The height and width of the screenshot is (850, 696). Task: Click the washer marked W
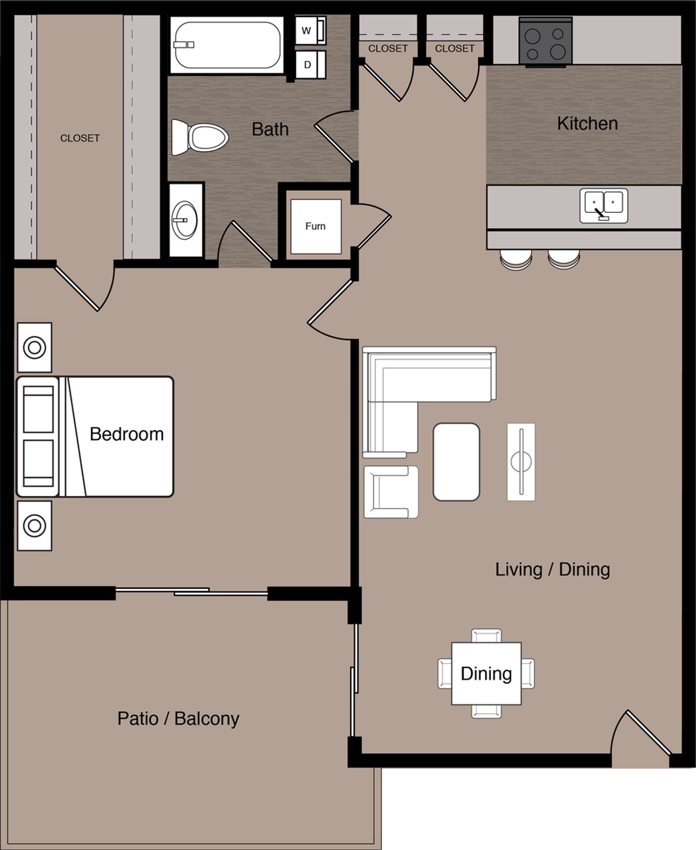310,31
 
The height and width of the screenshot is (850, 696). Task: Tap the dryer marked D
310,65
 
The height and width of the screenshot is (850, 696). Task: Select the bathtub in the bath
227,45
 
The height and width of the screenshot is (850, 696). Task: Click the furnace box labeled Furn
315,226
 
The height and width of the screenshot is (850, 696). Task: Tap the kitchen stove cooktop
546,41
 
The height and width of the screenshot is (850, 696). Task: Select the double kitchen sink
604,205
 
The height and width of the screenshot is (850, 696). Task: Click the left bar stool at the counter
516,260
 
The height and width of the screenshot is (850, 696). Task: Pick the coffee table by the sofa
456,462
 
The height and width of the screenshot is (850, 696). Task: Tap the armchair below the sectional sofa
391,492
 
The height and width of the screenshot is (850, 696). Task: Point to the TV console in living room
521,462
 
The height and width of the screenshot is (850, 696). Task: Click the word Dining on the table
486,673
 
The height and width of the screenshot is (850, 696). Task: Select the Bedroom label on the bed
127,434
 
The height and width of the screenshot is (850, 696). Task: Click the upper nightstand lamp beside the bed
35,348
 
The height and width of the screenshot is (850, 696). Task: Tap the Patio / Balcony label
178,718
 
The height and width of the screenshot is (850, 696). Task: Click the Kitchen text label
587,124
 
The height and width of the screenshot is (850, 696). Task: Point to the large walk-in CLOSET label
80,138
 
